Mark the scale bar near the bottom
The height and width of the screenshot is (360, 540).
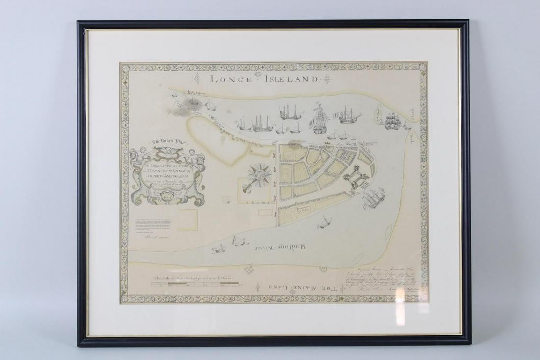coord(197,285)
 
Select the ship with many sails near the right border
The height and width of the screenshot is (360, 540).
coord(394,120)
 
